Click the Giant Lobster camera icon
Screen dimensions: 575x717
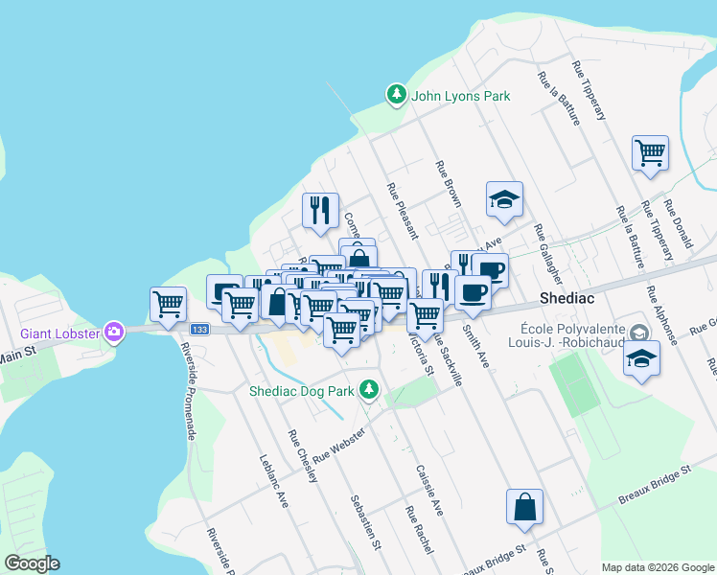115,332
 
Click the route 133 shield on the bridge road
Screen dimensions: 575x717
198,329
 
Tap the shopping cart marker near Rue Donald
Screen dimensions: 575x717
650,152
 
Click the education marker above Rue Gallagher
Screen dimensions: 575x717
503,199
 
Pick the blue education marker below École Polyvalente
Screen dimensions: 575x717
641,359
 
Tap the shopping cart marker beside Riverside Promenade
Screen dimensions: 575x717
168,304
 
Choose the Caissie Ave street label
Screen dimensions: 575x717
428,491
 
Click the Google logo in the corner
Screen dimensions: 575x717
32,563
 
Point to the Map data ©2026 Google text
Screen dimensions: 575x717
657,566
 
